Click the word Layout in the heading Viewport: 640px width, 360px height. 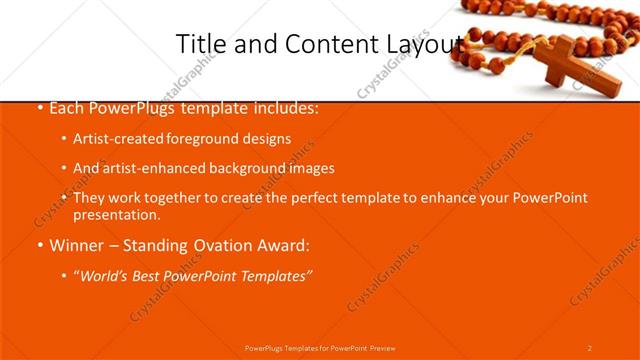click(x=425, y=44)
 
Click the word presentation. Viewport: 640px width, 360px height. click(x=116, y=214)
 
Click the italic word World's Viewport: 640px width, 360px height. click(x=105, y=275)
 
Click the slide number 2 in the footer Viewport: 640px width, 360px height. click(x=589, y=347)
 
